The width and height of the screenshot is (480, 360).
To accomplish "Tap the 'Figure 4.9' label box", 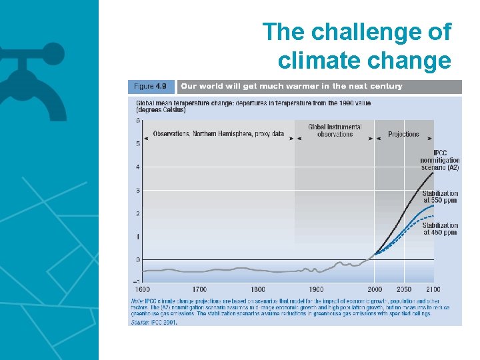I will (x=151, y=87).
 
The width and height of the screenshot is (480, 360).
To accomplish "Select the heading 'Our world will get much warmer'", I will (x=291, y=87).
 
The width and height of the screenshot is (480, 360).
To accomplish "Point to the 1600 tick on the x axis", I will (x=141, y=289).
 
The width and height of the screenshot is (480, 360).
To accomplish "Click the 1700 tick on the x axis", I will (x=199, y=289).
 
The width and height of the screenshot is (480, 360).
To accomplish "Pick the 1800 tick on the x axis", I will (x=258, y=289).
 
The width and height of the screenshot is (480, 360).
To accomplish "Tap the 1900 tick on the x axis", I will (x=316, y=289).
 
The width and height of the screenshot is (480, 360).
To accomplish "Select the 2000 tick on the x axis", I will (x=375, y=289).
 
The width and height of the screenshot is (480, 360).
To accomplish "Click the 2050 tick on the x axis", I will (x=404, y=289).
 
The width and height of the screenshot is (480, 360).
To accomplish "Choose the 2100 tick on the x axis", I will (x=432, y=289).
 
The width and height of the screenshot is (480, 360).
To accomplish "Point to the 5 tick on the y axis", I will (x=138, y=144).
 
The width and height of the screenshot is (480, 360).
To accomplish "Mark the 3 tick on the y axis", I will (x=138, y=191).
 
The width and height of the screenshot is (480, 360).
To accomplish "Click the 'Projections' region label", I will (x=403, y=134).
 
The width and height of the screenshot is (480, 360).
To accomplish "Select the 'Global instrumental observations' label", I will (x=335, y=131).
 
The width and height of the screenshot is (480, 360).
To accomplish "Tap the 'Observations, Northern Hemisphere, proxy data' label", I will (x=219, y=134).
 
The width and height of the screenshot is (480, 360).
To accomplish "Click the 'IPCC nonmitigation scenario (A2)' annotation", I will (x=439, y=160).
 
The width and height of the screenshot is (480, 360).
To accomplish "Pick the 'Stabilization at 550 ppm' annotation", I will (x=440, y=196).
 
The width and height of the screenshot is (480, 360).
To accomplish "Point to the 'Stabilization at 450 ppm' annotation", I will (x=440, y=229).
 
